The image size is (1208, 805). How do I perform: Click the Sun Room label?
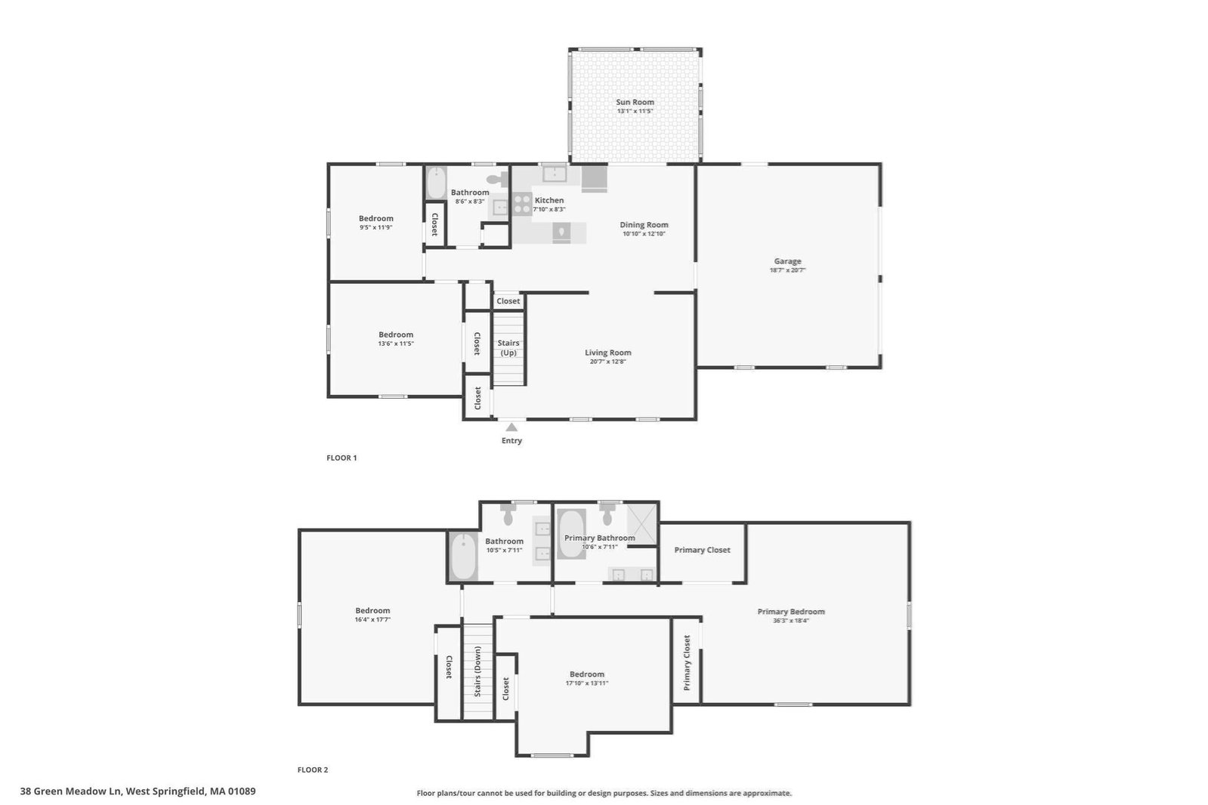(635, 102)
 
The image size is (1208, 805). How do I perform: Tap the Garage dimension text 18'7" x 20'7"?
(787, 270)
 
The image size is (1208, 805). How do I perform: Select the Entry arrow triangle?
(511, 427)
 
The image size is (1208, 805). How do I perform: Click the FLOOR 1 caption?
(341, 458)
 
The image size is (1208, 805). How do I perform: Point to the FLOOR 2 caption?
(313, 770)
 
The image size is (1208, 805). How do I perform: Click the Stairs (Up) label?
(508, 348)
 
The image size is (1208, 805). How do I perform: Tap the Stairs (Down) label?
(477, 671)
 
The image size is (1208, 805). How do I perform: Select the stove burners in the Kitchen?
(522, 204)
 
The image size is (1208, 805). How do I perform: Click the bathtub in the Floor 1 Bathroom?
(436, 183)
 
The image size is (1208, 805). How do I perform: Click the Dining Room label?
(644, 225)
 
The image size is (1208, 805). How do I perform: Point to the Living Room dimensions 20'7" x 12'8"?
(607, 361)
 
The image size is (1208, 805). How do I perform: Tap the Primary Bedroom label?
(790, 612)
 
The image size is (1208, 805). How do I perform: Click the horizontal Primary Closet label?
(702, 550)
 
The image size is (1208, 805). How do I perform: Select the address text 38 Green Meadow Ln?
(72, 791)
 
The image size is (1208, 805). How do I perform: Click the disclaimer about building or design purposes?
(604, 793)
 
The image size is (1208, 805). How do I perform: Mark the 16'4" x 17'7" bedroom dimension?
(372, 619)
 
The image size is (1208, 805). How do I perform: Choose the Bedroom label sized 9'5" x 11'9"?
(376, 218)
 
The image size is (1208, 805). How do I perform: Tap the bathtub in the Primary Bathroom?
(571, 534)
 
